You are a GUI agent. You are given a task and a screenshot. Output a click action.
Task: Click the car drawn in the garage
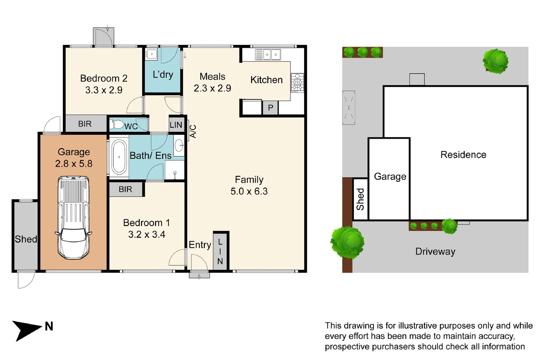point(74,218)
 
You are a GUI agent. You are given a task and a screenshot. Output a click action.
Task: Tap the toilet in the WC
point(117,125)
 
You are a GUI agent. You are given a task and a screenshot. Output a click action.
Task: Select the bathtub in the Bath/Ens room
point(119,157)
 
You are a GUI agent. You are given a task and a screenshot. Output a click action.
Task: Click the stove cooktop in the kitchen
point(297,82)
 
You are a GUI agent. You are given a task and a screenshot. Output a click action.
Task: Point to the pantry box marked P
point(270,108)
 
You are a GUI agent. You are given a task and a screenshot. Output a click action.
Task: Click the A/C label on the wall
point(193,131)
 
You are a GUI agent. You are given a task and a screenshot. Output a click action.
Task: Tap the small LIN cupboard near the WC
point(176,125)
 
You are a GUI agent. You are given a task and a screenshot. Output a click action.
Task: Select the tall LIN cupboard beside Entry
point(220,251)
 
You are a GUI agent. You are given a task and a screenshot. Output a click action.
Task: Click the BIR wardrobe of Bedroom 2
point(85,124)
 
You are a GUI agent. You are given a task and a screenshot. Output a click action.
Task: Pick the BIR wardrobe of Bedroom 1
point(125,189)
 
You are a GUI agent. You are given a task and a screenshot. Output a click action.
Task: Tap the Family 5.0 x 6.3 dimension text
point(249,191)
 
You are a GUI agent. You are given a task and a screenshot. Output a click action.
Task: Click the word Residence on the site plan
point(463,155)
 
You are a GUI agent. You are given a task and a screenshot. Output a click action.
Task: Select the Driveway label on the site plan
point(435,251)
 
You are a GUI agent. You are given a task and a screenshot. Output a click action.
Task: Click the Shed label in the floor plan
point(26,239)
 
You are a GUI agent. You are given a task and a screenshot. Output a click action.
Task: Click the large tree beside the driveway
point(348,242)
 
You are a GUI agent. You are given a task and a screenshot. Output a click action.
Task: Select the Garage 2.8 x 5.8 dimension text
point(74,163)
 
